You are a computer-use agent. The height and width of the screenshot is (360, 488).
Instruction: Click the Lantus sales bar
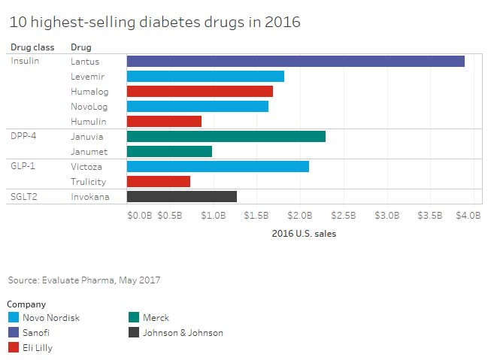[296, 61]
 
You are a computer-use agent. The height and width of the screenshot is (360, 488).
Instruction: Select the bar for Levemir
[205, 76]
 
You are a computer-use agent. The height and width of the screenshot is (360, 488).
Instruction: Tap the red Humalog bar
[200, 91]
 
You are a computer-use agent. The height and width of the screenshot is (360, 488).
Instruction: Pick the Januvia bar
[226, 136]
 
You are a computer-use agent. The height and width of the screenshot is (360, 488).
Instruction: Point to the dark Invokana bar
[182, 197]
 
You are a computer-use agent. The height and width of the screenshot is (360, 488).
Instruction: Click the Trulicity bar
[159, 182]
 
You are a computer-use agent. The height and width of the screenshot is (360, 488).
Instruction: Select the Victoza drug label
[88, 167]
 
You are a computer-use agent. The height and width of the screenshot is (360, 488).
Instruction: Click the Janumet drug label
[88, 152]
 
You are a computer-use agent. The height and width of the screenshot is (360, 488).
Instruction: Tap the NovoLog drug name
[89, 106]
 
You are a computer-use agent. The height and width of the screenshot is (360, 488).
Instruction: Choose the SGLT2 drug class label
[23, 197]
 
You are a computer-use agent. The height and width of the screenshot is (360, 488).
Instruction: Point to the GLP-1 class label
[22, 167]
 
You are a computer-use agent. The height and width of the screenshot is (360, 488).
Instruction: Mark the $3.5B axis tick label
[430, 216]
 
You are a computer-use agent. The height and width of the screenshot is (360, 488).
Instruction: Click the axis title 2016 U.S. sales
[304, 233]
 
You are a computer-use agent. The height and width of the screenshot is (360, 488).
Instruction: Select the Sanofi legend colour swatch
[12, 332]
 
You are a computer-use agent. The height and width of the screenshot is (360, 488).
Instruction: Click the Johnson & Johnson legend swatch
[135, 332]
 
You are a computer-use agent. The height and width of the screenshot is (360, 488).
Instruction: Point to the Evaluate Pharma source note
[84, 280]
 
